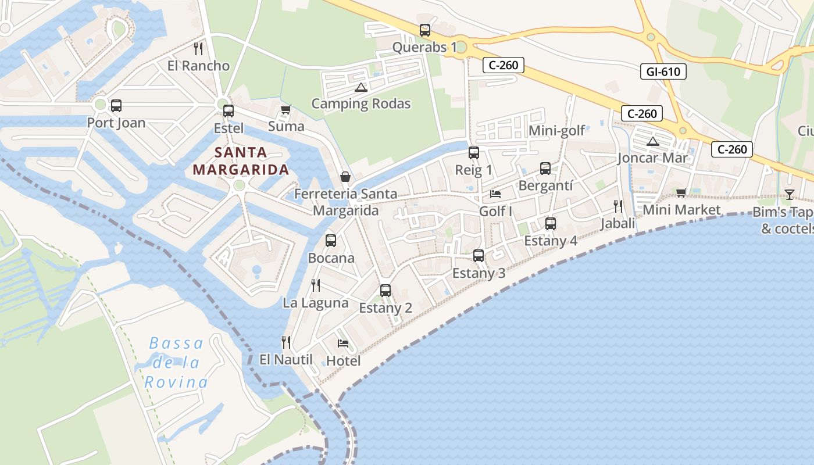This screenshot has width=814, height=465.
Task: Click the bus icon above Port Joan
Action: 116,106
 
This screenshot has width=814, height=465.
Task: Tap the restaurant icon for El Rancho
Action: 198,48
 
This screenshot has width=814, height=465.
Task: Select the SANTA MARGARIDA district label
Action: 241,161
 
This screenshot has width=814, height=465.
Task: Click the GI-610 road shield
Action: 663,71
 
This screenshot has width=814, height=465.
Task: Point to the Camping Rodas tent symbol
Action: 360,88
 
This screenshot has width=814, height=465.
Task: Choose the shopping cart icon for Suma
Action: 285,109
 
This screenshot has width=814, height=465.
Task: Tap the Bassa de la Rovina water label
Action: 176,363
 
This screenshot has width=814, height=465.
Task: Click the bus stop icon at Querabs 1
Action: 425,30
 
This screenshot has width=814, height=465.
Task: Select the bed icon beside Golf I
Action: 495,194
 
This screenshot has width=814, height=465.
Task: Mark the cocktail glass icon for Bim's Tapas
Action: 789,194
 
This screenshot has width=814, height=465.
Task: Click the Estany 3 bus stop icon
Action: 479,255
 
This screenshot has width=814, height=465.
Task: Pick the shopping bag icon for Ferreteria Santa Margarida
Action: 345,177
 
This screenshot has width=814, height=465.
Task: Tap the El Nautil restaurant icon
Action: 285,342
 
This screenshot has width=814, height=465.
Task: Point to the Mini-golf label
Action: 556,131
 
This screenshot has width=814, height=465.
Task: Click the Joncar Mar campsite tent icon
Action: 652,141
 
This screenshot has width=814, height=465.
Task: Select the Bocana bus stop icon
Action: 331,240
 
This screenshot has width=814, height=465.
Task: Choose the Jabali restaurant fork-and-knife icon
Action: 617,206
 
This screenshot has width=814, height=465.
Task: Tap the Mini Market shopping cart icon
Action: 681,192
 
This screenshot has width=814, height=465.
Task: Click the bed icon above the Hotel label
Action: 343,344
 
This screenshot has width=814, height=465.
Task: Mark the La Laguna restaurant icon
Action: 315,285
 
